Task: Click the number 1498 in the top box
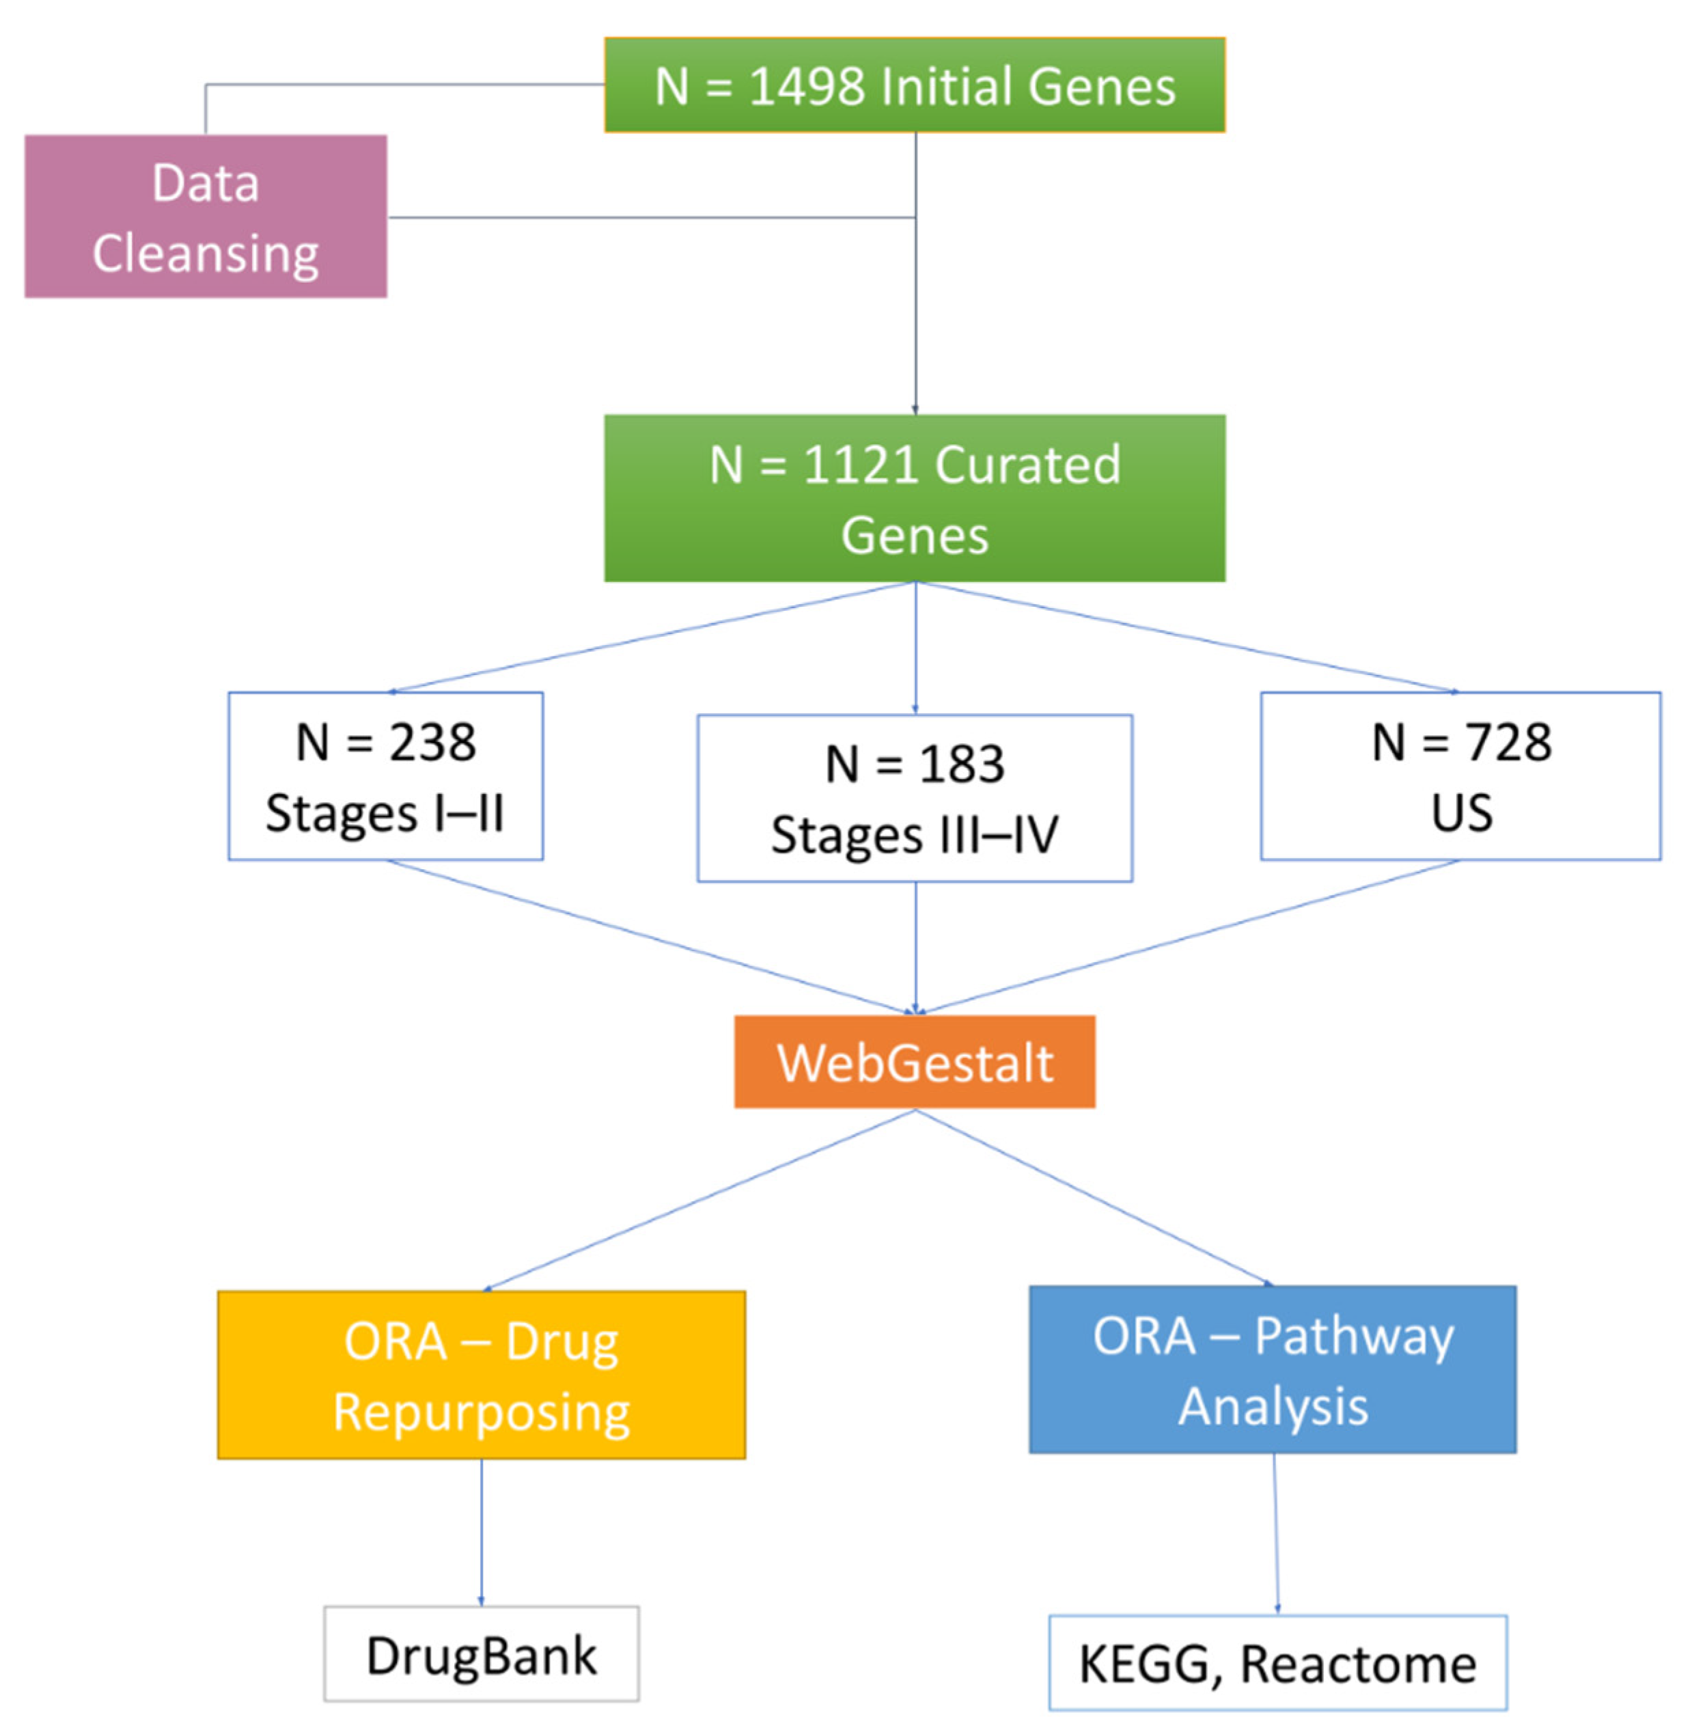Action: (806, 87)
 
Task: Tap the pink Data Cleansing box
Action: (206, 217)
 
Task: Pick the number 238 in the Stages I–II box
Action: (432, 742)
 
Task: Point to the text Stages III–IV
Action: (915, 836)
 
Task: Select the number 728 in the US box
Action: (1508, 742)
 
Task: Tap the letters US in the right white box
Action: (1461, 812)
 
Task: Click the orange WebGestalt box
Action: (915, 1062)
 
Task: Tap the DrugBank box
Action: (481, 1655)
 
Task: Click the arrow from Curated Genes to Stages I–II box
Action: (653, 636)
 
